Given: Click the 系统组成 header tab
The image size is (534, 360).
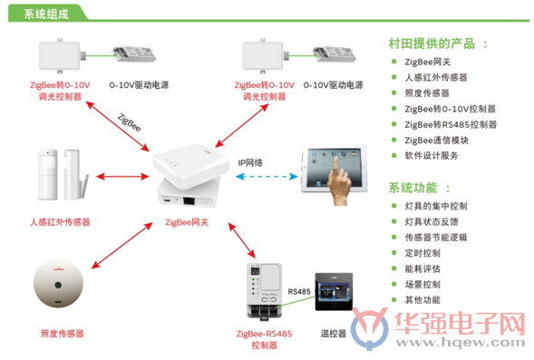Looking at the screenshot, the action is tap(46, 14).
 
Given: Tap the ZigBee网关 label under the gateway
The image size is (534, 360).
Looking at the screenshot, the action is tap(187, 222).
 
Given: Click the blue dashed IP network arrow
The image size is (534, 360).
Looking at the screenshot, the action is tap(267, 177).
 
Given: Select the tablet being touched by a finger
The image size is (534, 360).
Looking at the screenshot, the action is tap(334, 170).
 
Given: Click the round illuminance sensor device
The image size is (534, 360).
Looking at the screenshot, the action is tap(58, 284).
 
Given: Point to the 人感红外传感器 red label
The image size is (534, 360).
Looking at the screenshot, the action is tap(60, 222).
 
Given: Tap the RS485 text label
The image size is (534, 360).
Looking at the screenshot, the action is tap(299, 292).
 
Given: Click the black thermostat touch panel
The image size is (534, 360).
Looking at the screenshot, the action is tap(334, 292).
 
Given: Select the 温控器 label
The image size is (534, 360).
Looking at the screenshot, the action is tap(334, 333).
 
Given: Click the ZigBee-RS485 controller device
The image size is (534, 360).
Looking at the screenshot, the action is tap(264, 291).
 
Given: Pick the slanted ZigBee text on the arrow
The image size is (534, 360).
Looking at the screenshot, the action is tap(129, 122).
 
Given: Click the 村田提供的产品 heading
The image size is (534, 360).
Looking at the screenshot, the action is tap(432, 44).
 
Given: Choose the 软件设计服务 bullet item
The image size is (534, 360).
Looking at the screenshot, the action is tap(432, 156).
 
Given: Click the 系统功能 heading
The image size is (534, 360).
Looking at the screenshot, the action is tap(413, 188).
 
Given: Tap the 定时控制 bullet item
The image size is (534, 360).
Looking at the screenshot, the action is tap(422, 253).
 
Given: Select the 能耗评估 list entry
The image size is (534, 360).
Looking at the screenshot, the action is tap(422, 268).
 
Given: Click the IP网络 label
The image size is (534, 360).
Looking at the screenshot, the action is tap(250, 163).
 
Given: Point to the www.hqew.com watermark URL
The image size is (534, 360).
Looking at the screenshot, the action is tap(460, 342).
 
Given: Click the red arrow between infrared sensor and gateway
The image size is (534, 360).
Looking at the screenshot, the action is tap(122, 177).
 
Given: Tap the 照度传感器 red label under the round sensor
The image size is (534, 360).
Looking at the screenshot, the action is tap(62, 334).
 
